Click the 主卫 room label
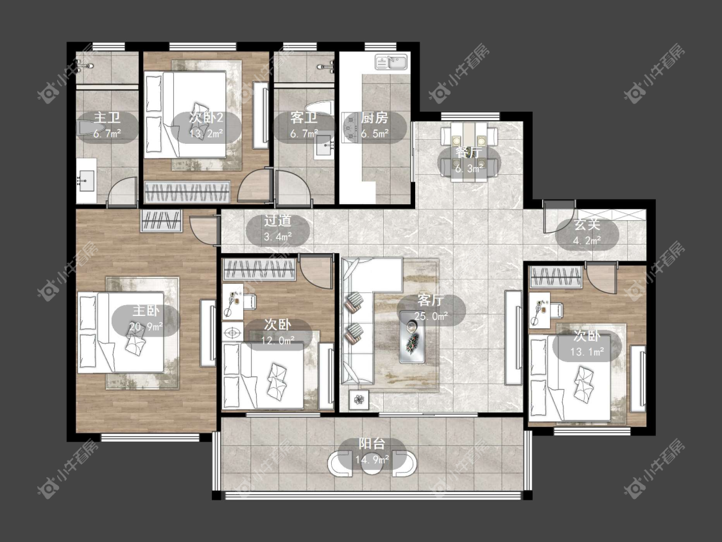tap(107, 118)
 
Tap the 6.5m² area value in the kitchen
tap(374, 134)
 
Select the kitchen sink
tap(391, 62)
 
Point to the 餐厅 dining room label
tap(468, 152)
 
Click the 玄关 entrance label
tap(587, 225)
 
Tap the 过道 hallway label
tap(278, 221)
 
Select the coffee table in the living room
tap(411, 337)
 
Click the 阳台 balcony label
tap(372, 444)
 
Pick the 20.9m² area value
tap(146, 327)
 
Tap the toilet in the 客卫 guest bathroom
tap(320, 108)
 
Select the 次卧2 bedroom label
tap(206, 118)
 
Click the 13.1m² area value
tap(587, 353)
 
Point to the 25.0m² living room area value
tap(431, 317)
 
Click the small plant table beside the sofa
tap(359, 399)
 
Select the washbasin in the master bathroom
tap(86, 180)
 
